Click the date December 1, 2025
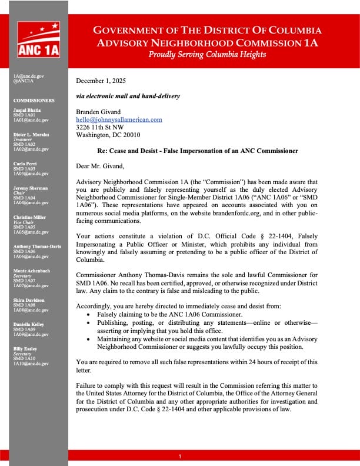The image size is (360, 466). coord(101,81)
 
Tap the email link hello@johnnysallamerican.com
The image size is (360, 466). coord(119,119)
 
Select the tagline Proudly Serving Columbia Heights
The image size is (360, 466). coord(207,54)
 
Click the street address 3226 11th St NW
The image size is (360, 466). coord(100,127)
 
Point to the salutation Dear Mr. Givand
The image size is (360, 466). coord(101,167)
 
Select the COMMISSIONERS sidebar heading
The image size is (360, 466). coord(34,101)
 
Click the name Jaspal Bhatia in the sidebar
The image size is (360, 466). coord(28,110)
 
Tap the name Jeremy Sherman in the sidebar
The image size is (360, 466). coord(31,188)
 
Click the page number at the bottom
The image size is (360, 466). coord(180,456)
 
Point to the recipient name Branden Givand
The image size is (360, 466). coord(98,111)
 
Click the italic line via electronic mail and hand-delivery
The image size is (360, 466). coord(128,96)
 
